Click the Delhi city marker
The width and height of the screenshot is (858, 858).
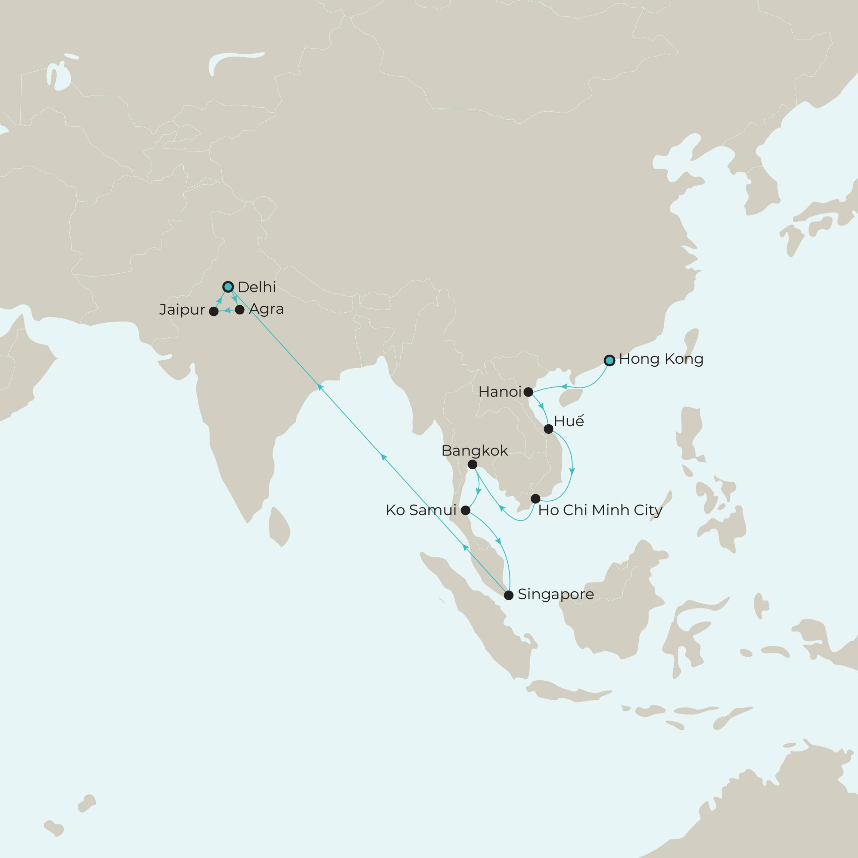tap(228, 287)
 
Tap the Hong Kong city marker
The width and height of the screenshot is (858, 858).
tap(610, 360)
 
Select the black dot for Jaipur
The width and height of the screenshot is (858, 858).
tap(213, 311)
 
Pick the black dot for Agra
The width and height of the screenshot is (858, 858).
tap(239, 310)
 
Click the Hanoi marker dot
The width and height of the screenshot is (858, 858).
tap(528, 392)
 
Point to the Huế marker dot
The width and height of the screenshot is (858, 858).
tap(548, 429)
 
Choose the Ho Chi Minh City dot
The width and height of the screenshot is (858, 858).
tap(536, 498)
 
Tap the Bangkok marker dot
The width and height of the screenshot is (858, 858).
tap(473, 465)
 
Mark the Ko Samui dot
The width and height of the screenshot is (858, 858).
tap(466, 510)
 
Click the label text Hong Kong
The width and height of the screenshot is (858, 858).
tap(661, 359)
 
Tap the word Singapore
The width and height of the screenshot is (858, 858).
tap(556, 594)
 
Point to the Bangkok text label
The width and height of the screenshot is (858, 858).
tap(474, 451)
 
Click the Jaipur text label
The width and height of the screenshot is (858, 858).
tap(182, 310)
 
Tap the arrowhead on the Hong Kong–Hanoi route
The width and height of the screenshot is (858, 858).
tap(564, 387)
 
